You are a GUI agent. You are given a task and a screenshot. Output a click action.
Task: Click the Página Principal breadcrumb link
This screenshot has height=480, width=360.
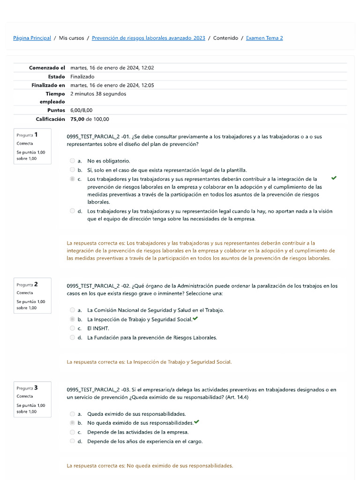[x=32, y=38]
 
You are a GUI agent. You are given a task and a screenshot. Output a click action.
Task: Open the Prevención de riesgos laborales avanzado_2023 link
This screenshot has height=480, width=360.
[x=148, y=38]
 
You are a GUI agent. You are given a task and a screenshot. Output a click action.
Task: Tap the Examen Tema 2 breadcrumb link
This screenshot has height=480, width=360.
[x=264, y=38]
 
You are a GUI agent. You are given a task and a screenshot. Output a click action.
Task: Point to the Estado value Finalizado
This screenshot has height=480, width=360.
[x=82, y=76]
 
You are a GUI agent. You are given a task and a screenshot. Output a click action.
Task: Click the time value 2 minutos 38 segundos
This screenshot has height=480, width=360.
[x=98, y=94]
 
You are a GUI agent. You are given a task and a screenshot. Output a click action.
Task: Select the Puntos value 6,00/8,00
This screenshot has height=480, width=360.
[x=81, y=110]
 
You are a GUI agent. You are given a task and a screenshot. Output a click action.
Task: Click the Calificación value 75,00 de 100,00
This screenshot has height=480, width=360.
[x=90, y=119]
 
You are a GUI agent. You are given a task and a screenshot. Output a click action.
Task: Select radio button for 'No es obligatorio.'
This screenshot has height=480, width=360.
[x=72, y=161]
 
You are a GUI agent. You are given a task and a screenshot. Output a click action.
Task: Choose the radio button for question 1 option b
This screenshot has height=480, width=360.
[x=72, y=170]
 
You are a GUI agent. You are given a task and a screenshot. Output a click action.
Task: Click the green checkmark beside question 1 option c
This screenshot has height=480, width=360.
[x=333, y=178]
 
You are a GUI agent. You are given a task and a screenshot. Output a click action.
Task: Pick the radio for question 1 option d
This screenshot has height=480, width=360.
[x=72, y=211]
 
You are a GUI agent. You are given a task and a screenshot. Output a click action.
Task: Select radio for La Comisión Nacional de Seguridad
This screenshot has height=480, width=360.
[x=72, y=310]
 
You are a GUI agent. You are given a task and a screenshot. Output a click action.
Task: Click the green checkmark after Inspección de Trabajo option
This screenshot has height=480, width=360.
[x=195, y=319]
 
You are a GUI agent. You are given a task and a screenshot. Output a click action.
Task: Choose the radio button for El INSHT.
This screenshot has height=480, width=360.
[x=72, y=328]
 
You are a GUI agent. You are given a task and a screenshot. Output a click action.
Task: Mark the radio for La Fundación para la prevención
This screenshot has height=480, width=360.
[x=72, y=337]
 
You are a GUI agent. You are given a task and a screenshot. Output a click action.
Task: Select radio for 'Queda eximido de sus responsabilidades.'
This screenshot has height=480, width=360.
[x=72, y=414]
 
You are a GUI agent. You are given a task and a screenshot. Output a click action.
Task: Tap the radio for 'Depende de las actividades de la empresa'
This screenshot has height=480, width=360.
[x=72, y=432]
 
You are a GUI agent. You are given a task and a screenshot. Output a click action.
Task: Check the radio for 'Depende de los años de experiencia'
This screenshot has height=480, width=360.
[x=72, y=441]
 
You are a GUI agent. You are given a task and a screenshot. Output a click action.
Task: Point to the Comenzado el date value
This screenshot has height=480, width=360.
[x=112, y=67]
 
